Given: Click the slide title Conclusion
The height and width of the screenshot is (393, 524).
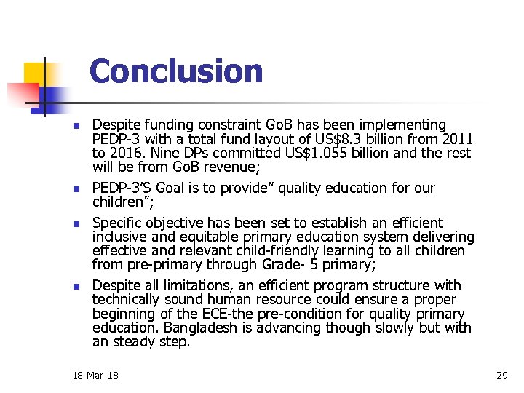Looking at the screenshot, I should pyautogui.click(x=175, y=71).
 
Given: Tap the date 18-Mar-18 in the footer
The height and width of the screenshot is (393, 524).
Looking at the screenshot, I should pyautogui.click(x=95, y=376).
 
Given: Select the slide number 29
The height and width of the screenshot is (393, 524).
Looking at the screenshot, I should pyautogui.click(x=501, y=376).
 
